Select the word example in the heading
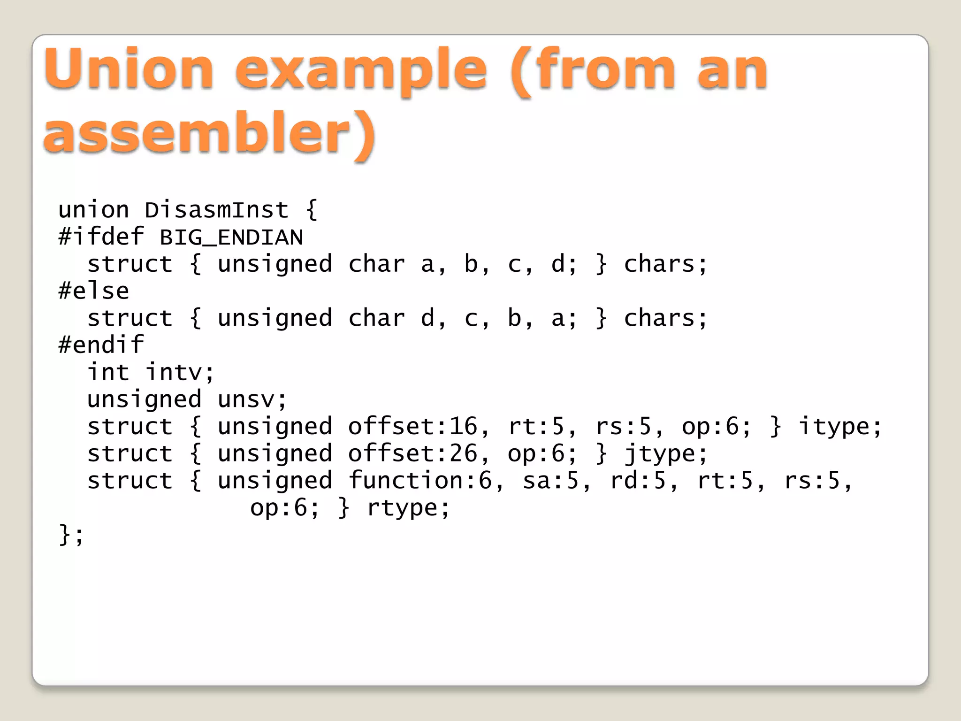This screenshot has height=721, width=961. click(360, 70)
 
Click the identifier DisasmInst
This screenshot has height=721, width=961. click(216, 210)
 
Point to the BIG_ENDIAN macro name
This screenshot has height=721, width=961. click(231, 237)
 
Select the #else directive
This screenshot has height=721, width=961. click(93, 291)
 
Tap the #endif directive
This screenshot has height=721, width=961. click(101, 345)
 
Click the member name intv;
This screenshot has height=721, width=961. click(179, 372)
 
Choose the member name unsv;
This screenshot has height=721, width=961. click(252, 399)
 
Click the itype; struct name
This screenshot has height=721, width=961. click(840, 427)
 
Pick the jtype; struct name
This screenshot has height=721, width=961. click(665, 454)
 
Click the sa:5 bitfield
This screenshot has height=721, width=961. click(557, 481)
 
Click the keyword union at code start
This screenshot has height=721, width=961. click(93, 210)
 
